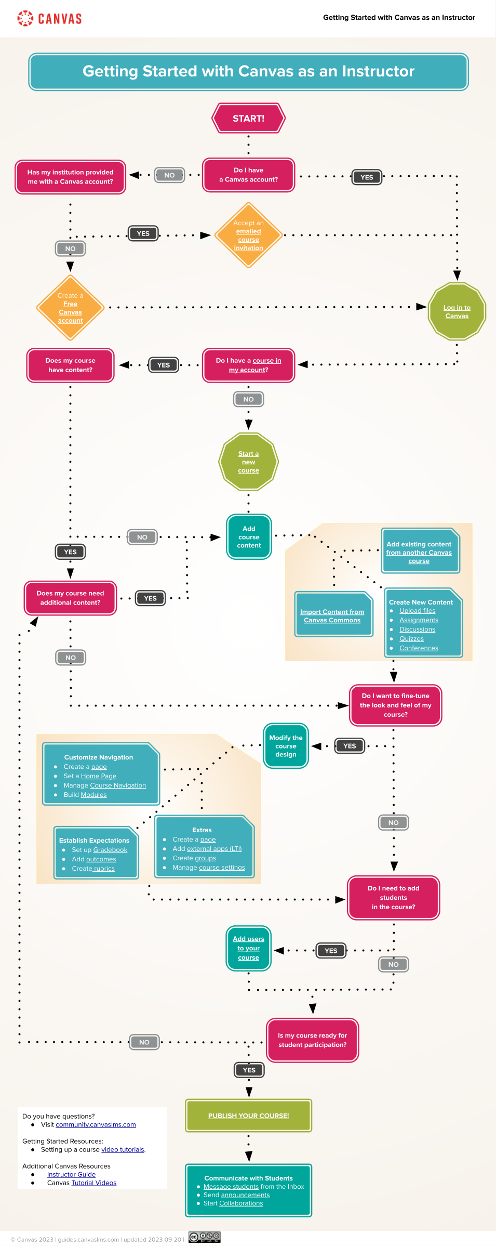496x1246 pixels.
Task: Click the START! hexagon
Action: click(x=248, y=119)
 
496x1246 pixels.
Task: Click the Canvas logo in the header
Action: click(x=50, y=19)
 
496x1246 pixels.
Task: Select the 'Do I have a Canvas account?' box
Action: click(x=248, y=175)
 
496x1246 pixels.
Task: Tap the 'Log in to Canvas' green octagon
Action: click(x=457, y=312)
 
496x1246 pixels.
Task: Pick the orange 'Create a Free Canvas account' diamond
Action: click(x=70, y=308)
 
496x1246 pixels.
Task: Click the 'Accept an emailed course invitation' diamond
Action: click(x=248, y=235)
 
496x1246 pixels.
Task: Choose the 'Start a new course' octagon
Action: click(x=248, y=462)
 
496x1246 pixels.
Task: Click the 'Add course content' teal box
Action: click(x=249, y=537)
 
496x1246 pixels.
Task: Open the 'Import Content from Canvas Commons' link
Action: click(x=332, y=616)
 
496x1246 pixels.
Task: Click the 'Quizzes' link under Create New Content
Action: click(x=411, y=639)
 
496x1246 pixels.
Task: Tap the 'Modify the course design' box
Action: click(x=286, y=746)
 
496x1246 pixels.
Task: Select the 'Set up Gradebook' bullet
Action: click(x=99, y=850)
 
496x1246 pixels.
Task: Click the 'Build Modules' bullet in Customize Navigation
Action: click(x=85, y=795)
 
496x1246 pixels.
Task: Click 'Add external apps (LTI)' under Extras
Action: click(x=207, y=849)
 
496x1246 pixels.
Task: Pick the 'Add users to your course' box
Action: click(x=248, y=948)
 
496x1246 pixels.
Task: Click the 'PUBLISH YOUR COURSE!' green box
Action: click(x=248, y=1116)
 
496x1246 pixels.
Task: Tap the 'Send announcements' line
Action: click(x=236, y=1195)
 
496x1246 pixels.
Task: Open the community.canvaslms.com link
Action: click(x=96, y=1124)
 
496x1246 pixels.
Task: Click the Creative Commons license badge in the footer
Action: click(x=205, y=1237)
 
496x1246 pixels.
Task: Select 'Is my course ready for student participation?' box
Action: click(x=312, y=1040)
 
